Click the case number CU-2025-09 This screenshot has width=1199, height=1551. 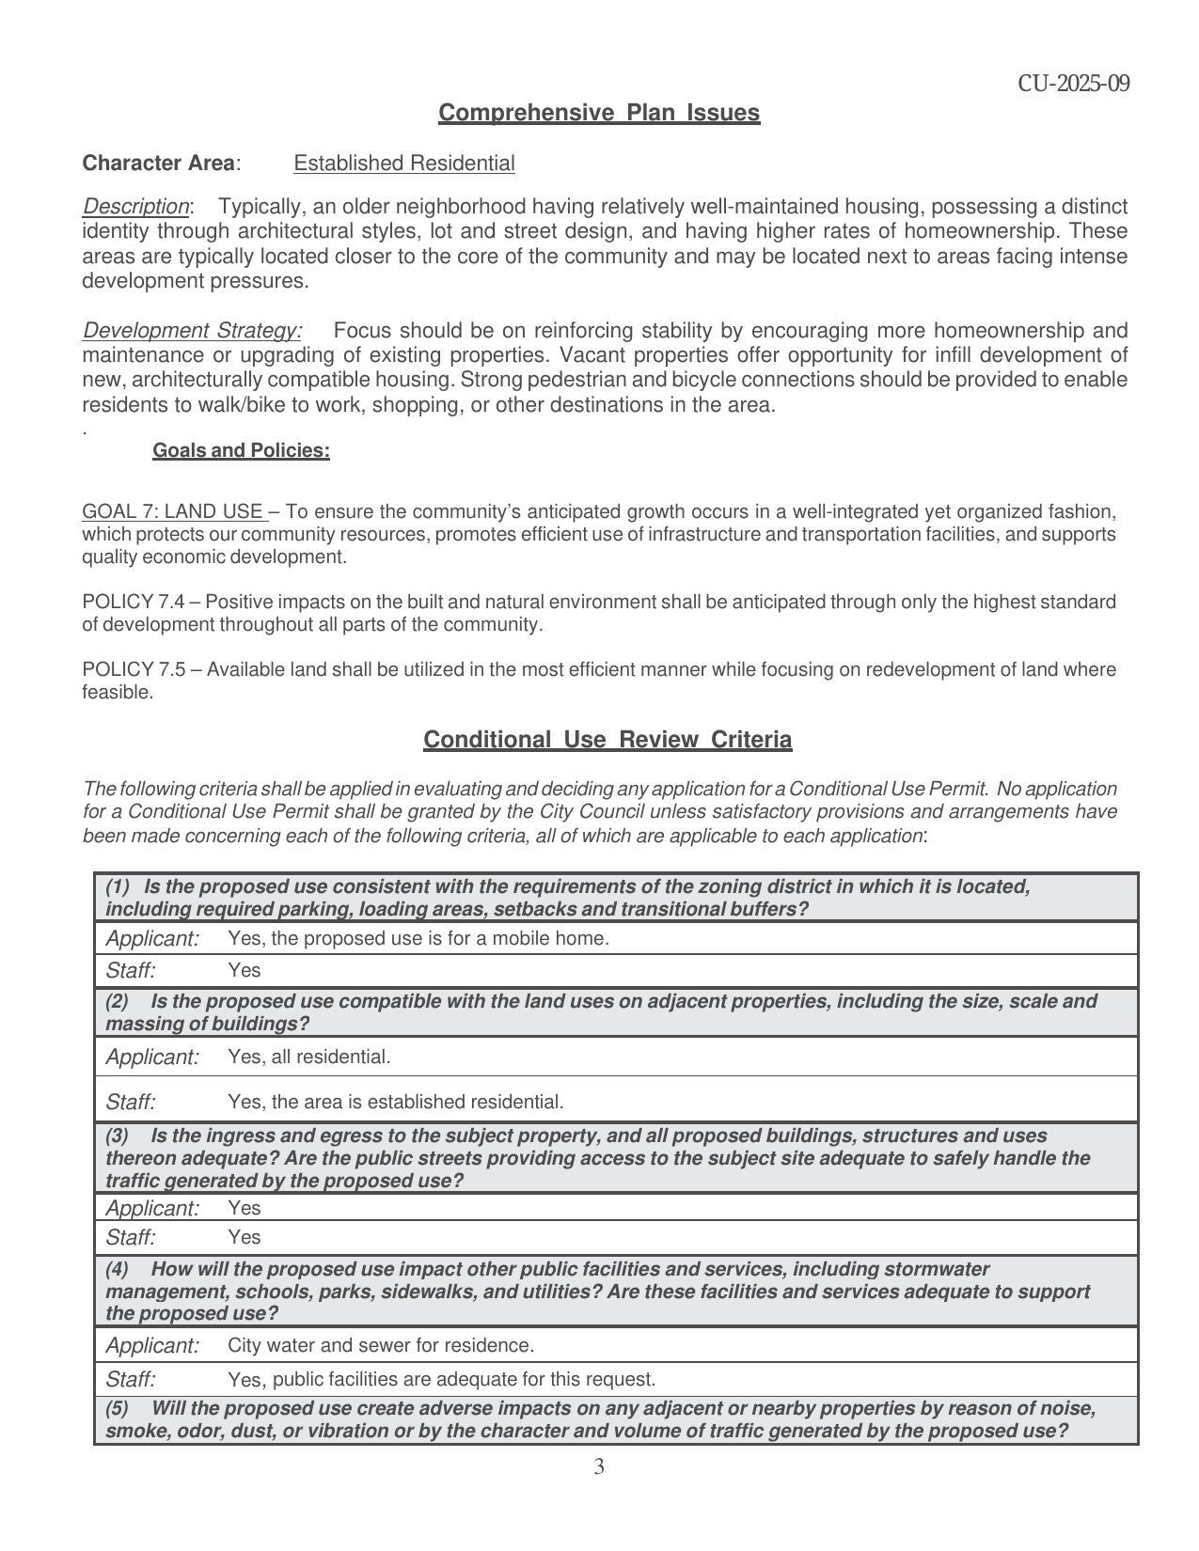(x=1073, y=84)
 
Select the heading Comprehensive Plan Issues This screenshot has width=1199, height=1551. (x=599, y=113)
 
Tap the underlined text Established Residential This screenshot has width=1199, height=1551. (x=403, y=164)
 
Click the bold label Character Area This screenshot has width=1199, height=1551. (x=158, y=164)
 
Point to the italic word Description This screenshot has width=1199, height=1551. (x=136, y=206)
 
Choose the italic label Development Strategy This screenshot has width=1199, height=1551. (x=192, y=331)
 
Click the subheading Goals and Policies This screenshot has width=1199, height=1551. (x=241, y=450)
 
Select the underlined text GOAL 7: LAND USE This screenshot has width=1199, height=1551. (x=173, y=511)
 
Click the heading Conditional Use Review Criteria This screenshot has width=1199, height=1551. (x=607, y=740)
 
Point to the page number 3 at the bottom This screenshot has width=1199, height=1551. (x=599, y=1466)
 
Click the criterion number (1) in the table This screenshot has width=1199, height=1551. (x=118, y=886)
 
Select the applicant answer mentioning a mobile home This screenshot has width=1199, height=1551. (x=418, y=938)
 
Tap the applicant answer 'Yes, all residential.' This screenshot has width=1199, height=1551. (x=308, y=1057)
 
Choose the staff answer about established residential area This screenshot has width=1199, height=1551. (x=395, y=1102)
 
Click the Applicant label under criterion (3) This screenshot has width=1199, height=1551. (x=152, y=1208)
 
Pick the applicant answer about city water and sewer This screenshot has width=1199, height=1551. (x=381, y=1345)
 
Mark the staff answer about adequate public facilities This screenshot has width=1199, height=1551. (x=441, y=1379)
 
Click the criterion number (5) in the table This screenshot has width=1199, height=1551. (x=117, y=1408)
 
